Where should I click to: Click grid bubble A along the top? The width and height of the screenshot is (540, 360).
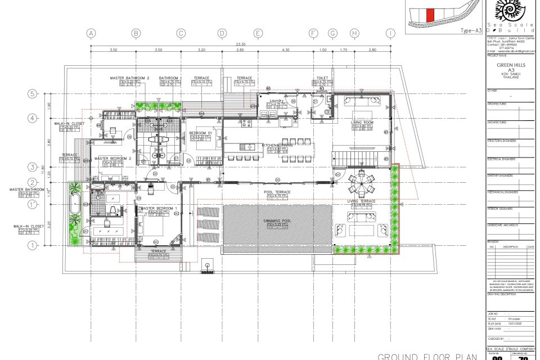coord(91,34)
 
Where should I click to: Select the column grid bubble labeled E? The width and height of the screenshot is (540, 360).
coord(258,34)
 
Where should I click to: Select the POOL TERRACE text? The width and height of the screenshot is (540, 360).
coord(277,192)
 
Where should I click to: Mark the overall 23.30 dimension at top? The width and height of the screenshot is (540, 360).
coord(241,44)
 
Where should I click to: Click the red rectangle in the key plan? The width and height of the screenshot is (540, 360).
coord(429,15)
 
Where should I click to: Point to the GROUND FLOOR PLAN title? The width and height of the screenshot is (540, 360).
coord(427,356)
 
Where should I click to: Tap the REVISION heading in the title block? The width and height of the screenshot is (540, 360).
coord(493,241)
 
